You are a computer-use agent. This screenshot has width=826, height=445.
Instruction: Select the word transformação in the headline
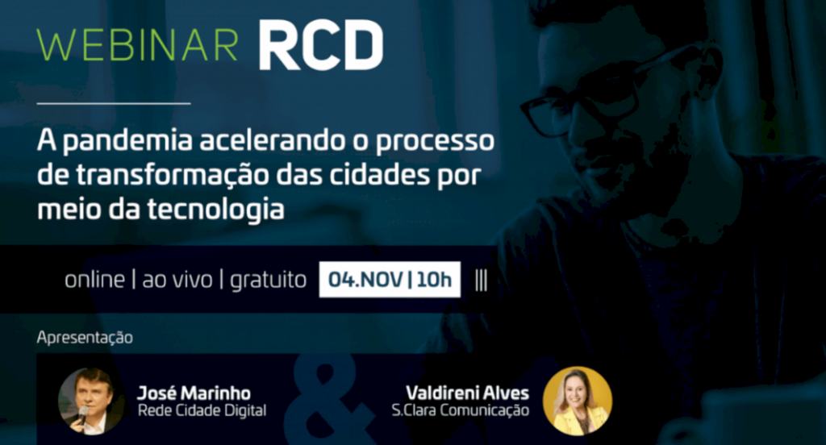click(173, 175)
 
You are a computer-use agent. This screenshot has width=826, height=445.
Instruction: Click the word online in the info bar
click(94, 280)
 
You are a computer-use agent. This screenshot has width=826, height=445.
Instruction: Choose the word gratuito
click(268, 280)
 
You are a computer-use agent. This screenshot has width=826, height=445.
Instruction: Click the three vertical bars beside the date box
click(482, 280)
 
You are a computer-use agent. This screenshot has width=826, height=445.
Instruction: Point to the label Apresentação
click(85, 338)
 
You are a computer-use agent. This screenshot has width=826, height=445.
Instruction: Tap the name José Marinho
click(194, 393)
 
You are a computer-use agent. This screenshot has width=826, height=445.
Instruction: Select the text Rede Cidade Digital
click(202, 411)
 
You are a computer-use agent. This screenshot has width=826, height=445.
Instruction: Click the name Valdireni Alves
click(469, 393)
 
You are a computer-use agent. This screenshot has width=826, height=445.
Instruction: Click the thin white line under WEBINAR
click(114, 103)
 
